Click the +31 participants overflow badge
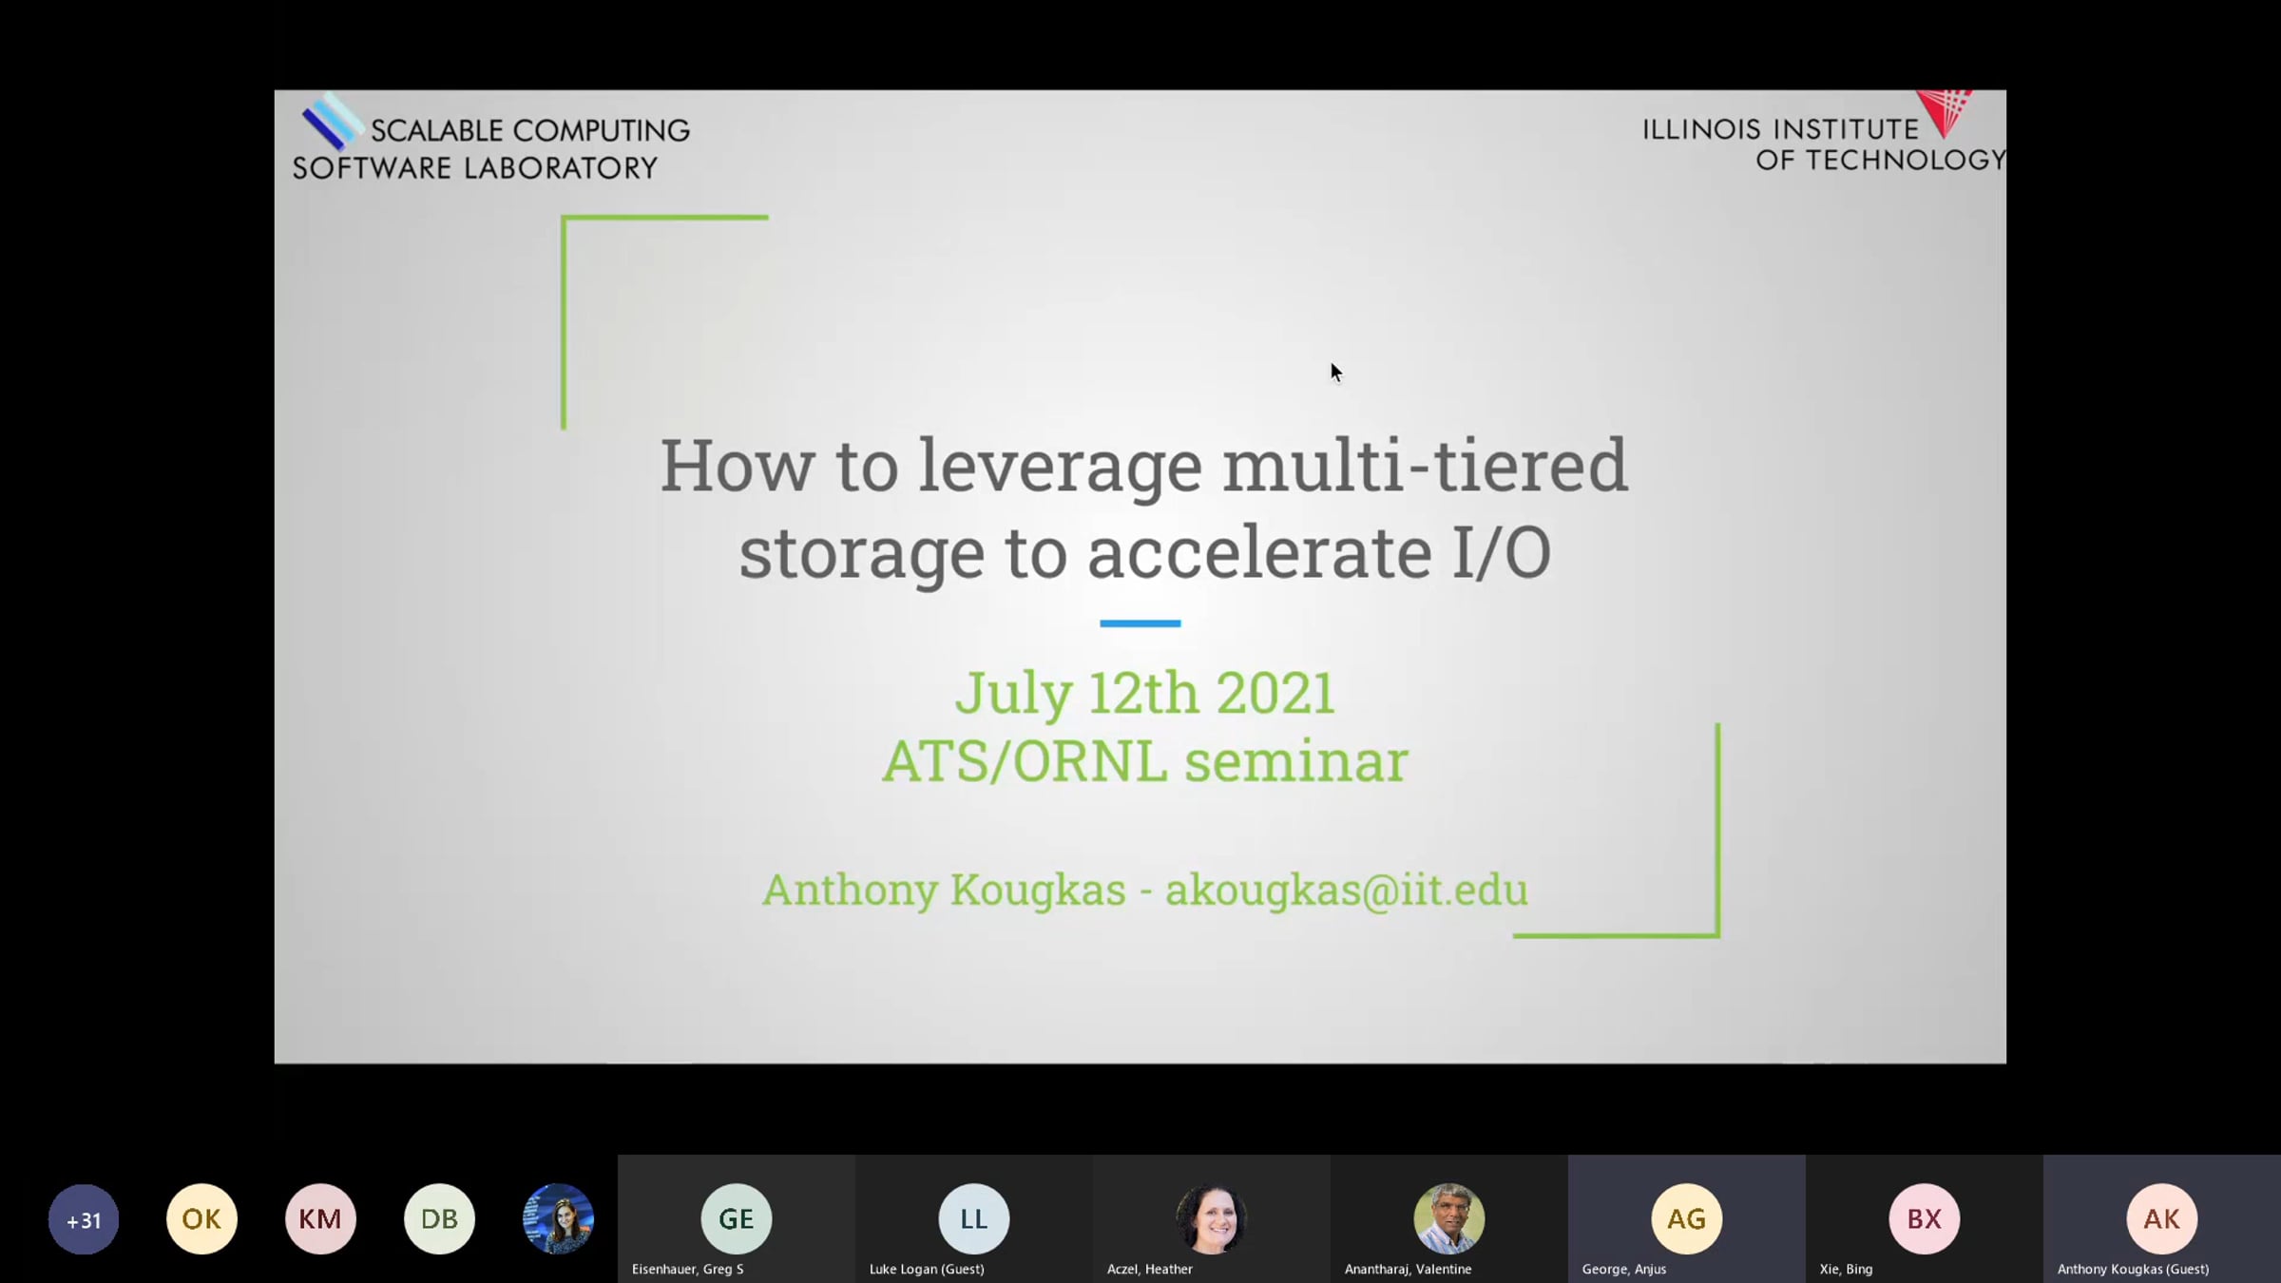click(x=84, y=1219)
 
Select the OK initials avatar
click(x=201, y=1219)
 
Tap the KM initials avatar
click(x=320, y=1219)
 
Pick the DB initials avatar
click(x=439, y=1219)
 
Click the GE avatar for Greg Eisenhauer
click(x=737, y=1219)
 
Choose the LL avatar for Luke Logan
click(x=974, y=1219)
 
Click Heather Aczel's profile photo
click(x=1211, y=1219)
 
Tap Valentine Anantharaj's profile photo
click(x=1448, y=1219)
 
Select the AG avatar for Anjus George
click(x=1687, y=1219)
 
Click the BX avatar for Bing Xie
click(x=1925, y=1219)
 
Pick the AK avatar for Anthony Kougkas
click(x=2162, y=1219)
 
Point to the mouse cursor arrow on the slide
click(x=1335, y=372)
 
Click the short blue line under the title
click(x=1140, y=623)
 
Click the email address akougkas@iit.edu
click(x=1347, y=890)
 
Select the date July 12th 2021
click(x=1145, y=693)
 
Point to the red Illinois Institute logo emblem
click(x=1945, y=112)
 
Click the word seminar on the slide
click(x=1296, y=762)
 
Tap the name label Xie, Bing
click(x=1846, y=1269)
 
